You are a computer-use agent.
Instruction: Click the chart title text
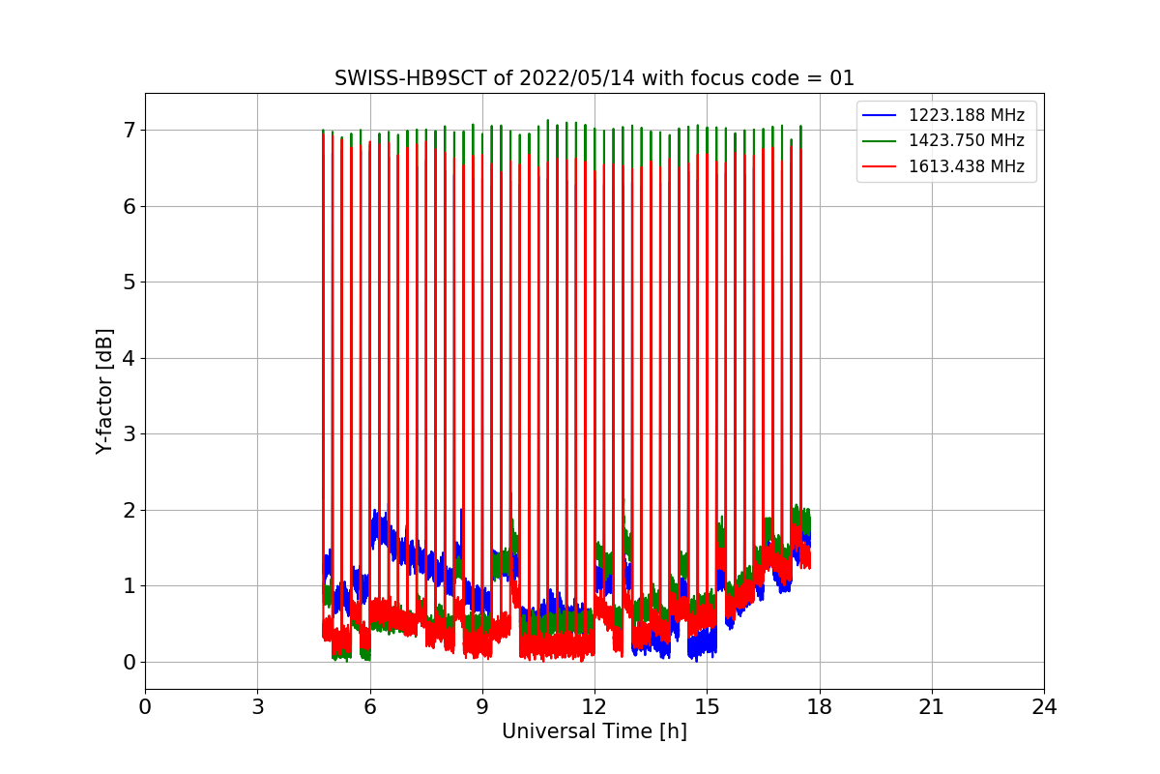point(594,78)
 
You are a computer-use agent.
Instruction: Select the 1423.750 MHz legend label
point(966,140)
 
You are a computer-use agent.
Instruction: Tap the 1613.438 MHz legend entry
point(966,166)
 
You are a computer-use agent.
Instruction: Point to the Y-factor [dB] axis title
point(104,391)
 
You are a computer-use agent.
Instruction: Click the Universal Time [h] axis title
point(594,731)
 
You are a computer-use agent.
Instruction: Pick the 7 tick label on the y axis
point(128,130)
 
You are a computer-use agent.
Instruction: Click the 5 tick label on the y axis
point(128,282)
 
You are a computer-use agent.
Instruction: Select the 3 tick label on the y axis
point(128,433)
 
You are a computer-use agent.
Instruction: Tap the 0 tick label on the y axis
point(128,662)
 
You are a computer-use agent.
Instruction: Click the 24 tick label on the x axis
point(1044,707)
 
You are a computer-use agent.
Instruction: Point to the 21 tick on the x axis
point(932,707)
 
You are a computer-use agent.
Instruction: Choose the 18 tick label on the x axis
point(819,707)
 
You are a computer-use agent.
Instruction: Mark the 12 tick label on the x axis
point(594,707)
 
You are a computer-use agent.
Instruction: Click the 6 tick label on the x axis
point(369,707)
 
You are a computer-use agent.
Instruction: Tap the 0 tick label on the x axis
point(145,707)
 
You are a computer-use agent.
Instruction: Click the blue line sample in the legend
point(880,115)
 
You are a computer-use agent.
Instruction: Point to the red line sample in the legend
point(880,166)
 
